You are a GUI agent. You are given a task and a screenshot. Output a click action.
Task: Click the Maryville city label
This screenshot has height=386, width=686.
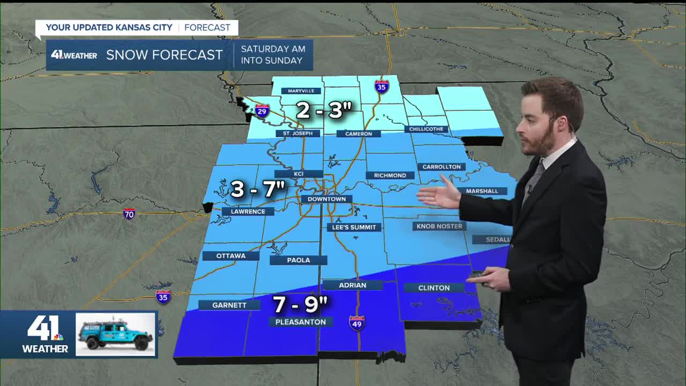click(301, 91)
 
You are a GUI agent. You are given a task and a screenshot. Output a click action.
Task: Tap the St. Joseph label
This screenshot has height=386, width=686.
click(294, 133)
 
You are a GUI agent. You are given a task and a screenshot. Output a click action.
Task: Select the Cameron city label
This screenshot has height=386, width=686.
click(359, 133)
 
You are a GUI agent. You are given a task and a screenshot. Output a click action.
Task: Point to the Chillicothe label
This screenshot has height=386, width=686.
click(426, 129)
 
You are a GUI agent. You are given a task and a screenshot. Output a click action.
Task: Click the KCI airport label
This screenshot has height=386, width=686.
click(299, 174)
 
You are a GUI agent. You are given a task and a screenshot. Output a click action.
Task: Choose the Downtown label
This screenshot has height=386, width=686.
click(326, 199)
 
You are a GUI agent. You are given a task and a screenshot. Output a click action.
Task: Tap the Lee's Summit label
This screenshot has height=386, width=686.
click(354, 227)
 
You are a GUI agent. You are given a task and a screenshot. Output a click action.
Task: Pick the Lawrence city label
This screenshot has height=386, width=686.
click(248, 211)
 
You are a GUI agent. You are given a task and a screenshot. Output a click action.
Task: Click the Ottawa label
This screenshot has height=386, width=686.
click(230, 256)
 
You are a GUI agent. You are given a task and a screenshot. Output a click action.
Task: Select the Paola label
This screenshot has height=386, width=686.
click(299, 260)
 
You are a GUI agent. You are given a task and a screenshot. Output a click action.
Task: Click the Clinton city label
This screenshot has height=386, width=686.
click(434, 288)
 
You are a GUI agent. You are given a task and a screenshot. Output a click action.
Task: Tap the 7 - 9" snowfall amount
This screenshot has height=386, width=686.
click(300, 305)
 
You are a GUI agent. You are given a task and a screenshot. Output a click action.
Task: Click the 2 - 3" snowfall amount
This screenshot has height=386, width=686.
click(324, 110)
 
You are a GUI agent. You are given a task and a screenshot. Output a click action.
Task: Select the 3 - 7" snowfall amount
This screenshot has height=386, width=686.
click(257, 189)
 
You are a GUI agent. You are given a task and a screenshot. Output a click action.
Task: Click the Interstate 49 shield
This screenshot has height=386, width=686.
click(356, 323)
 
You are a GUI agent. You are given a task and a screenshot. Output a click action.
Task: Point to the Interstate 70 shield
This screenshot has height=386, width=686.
click(129, 214)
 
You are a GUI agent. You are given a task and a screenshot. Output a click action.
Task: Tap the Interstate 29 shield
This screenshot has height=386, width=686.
click(262, 111)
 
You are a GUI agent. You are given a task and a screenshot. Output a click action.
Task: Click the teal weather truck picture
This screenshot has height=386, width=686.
click(115, 335)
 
